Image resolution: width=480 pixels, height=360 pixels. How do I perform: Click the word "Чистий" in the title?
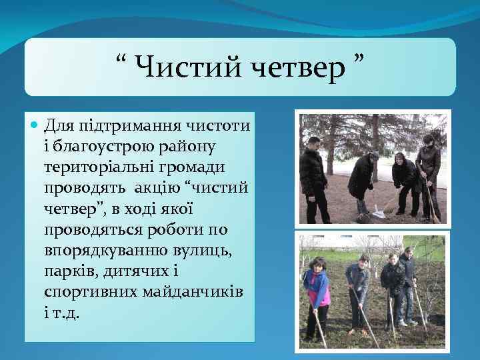coord(176,66)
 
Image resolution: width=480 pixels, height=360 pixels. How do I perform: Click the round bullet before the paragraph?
coord(35,125)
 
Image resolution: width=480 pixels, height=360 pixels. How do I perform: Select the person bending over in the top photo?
coord(362,180)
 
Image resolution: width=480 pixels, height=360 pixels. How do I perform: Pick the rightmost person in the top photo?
coord(427,170)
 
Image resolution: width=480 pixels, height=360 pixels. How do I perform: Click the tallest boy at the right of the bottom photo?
coord(406,283)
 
